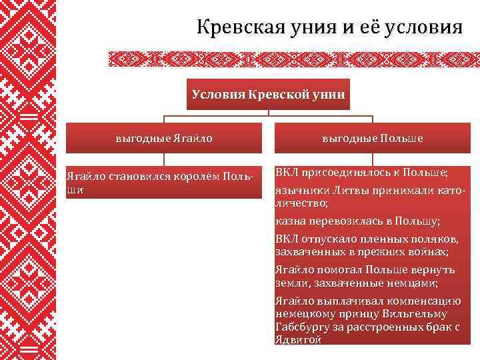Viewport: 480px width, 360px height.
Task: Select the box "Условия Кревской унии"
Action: coord(269,94)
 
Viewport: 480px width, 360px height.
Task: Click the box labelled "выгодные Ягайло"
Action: coord(164,139)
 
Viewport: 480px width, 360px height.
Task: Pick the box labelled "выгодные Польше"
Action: coord(373,139)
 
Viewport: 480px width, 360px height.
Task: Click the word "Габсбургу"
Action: coord(305,327)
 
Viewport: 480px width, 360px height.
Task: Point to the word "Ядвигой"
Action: coord(298,339)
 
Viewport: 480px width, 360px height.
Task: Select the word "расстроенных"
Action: coord(380,327)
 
